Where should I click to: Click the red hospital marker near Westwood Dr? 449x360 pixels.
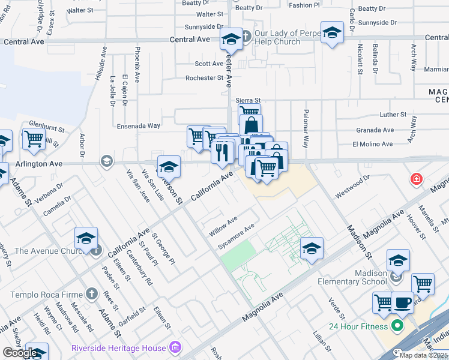[x=415, y=179]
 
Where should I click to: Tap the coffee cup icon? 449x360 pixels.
[x=402, y=302]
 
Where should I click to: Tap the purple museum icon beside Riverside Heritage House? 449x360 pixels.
[x=175, y=347]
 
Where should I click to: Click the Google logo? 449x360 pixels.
[x=20, y=352]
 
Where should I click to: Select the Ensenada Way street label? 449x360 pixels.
[x=139, y=126]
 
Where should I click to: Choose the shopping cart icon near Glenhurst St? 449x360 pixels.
[x=34, y=139]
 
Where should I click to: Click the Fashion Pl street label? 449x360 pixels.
[x=304, y=5]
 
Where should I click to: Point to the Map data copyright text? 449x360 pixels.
[x=423, y=355]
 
